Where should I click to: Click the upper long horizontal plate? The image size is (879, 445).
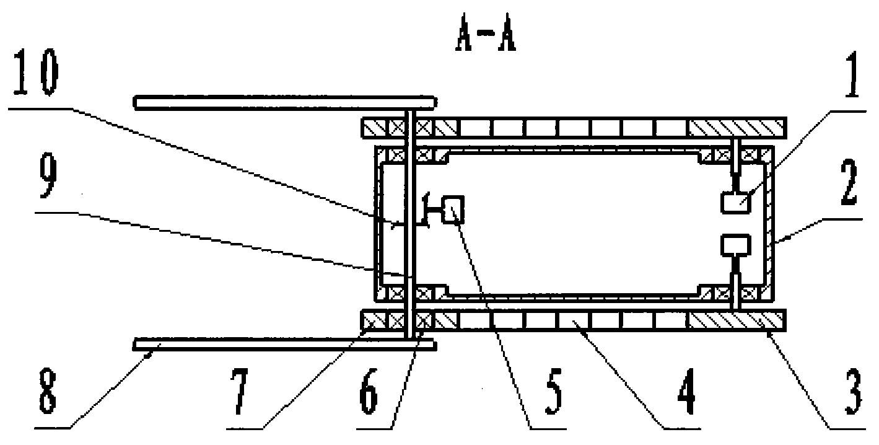pos(286,102)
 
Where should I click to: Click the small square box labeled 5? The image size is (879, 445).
pos(453,209)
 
